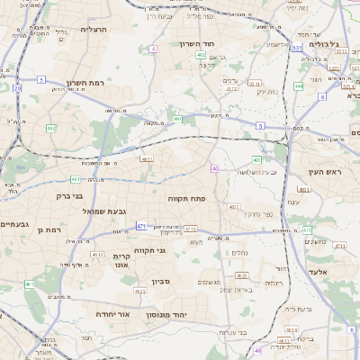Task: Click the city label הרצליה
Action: pos(94,29)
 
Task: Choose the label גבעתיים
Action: pos(13,224)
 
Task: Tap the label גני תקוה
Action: pos(147,250)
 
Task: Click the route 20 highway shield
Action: pos(17,88)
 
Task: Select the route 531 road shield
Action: pos(296,48)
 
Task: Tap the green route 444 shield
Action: pos(298,87)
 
